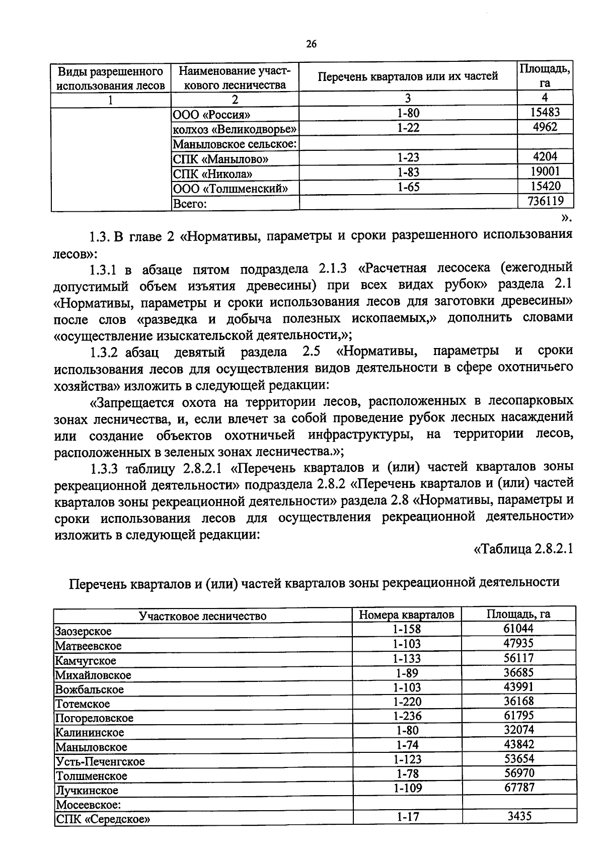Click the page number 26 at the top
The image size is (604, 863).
pyautogui.click(x=311, y=44)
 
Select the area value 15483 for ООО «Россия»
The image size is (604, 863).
pyautogui.click(x=546, y=113)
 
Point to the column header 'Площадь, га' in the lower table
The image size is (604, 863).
pyautogui.click(x=518, y=614)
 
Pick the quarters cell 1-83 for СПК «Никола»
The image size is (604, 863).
pyautogui.click(x=408, y=172)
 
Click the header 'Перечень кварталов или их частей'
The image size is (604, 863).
pyautogui.click(x=408, y=76)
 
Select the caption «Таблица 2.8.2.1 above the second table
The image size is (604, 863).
pyautogui.click(x=523, y=548)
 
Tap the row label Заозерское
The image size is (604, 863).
pyautogui.click(x=83, y=631)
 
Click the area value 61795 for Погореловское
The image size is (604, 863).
pyautogui.click(x=518, y=715)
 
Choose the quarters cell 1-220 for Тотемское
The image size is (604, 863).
pyautogui.click(x=407, y=702)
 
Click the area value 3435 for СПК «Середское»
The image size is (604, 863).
pyautogui.click(x=518, y=816)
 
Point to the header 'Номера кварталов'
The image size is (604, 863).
pyautogui.click(x=407, y=615)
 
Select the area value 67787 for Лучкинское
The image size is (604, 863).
pyautogui.click(x=519, y=787)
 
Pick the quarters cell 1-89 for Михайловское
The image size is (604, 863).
pyautogui.click(x=407, y=673)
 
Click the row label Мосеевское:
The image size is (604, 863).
pyautogui.click(x=88, y=805)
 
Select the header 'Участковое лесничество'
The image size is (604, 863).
pyautogui.click(x=202, y=616)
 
